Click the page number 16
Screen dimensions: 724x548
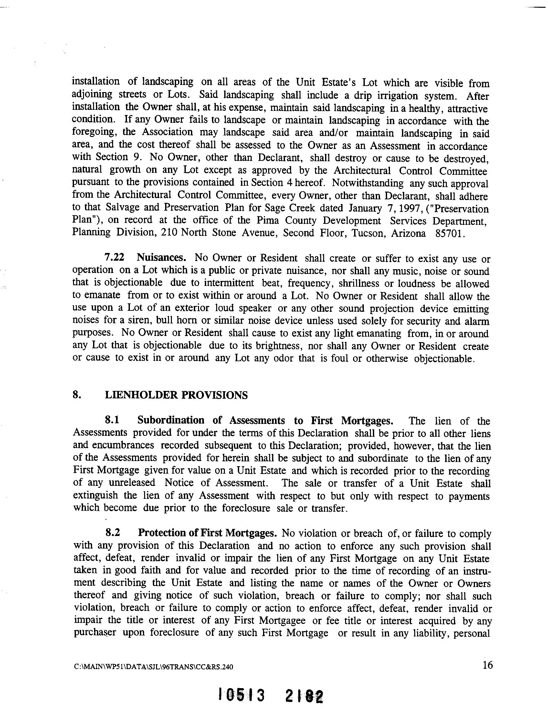coord(488,665)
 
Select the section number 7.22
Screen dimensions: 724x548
coord(114,257)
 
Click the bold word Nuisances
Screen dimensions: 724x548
coord(162,257)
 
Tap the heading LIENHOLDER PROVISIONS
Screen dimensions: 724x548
coord(176,395)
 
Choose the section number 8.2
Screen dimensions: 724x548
coord(113,533)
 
